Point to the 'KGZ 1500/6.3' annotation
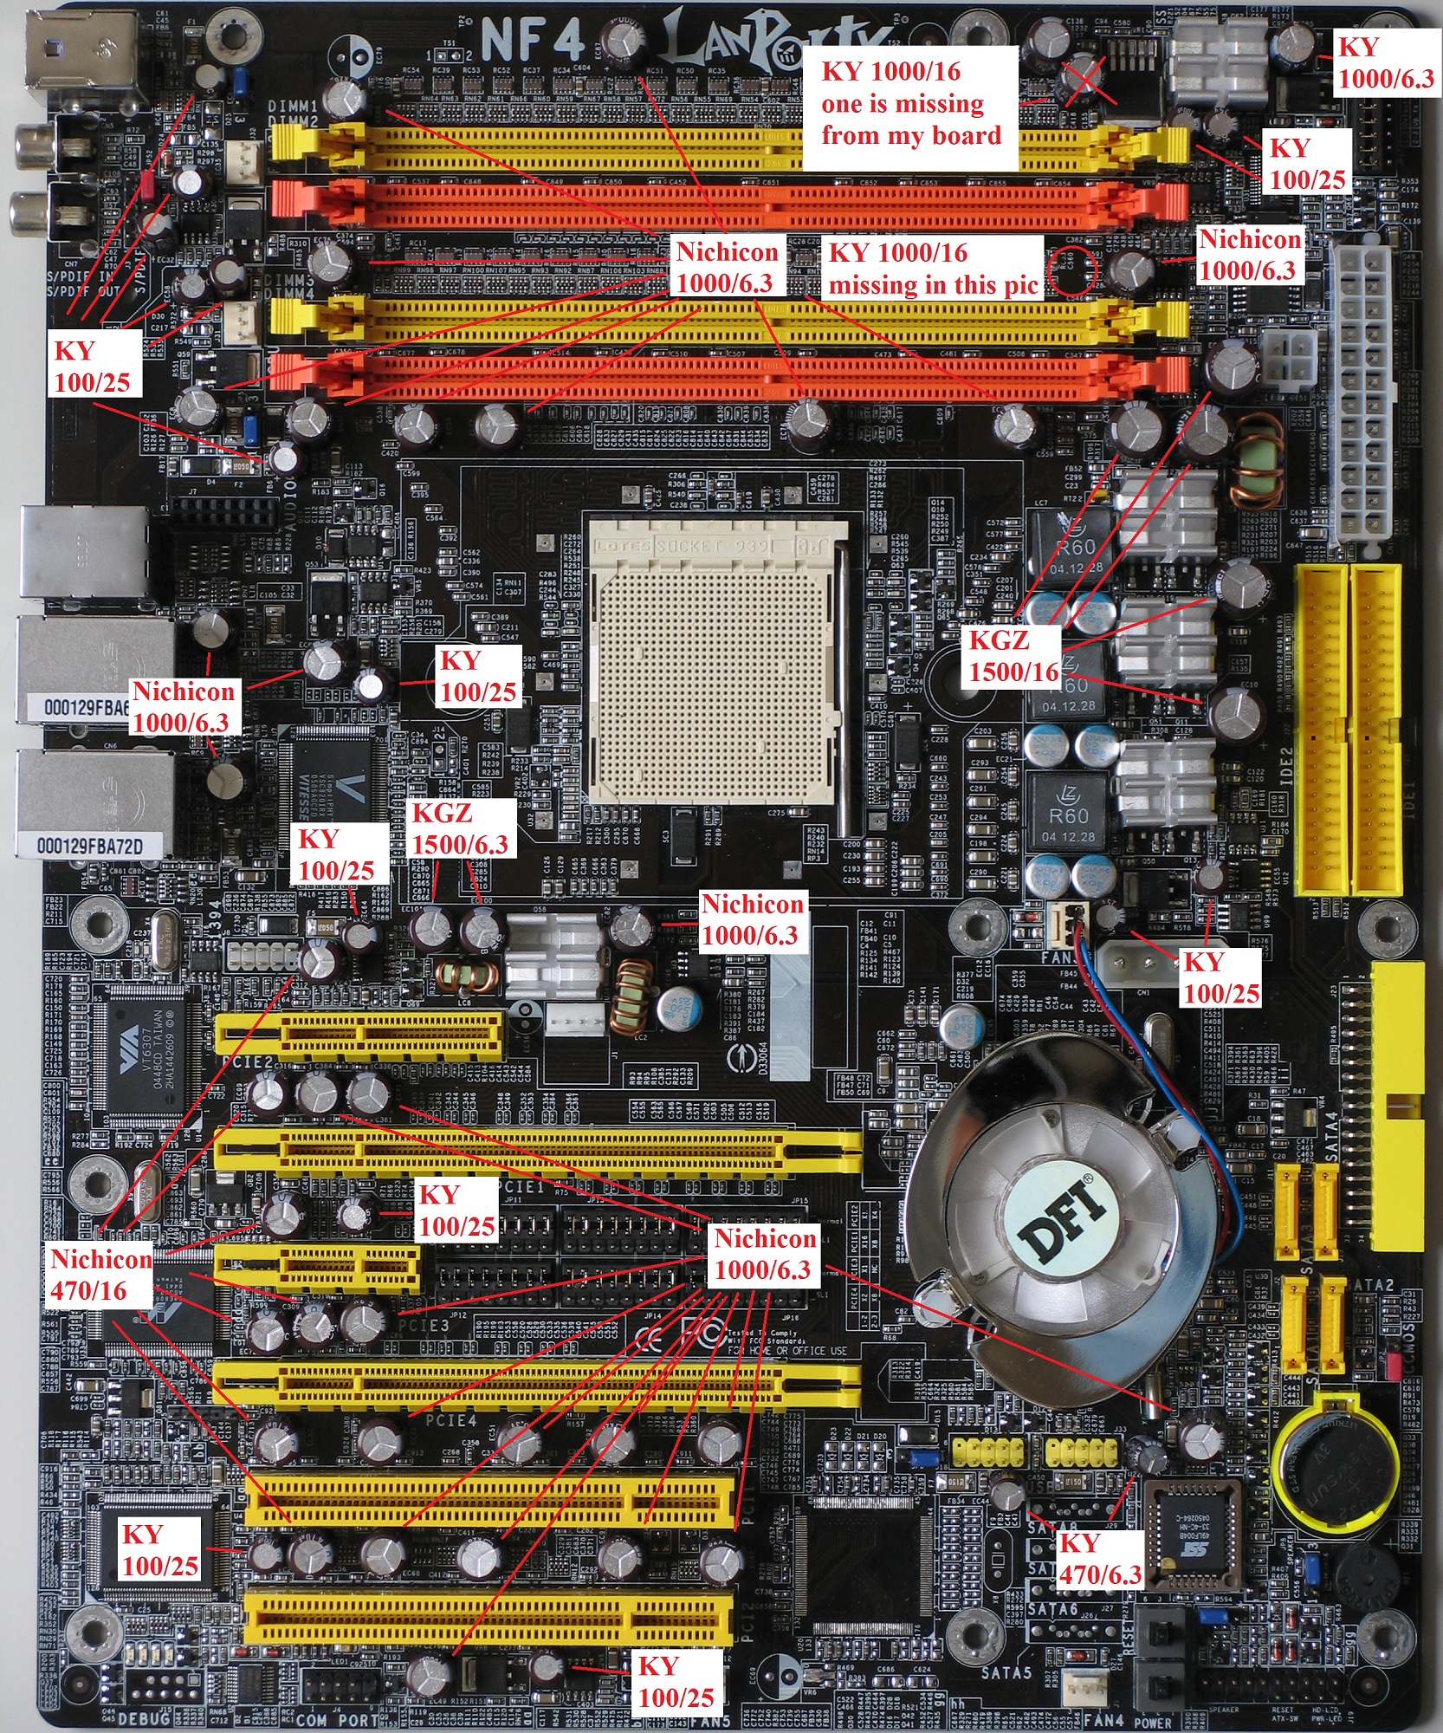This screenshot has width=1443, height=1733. click(459, 828)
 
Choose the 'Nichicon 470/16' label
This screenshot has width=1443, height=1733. click(100, 1274)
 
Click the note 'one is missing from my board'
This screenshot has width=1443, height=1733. click(909, 119)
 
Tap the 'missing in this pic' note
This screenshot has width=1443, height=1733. click(934, 284)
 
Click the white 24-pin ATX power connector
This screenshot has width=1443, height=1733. click(1363, 390)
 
